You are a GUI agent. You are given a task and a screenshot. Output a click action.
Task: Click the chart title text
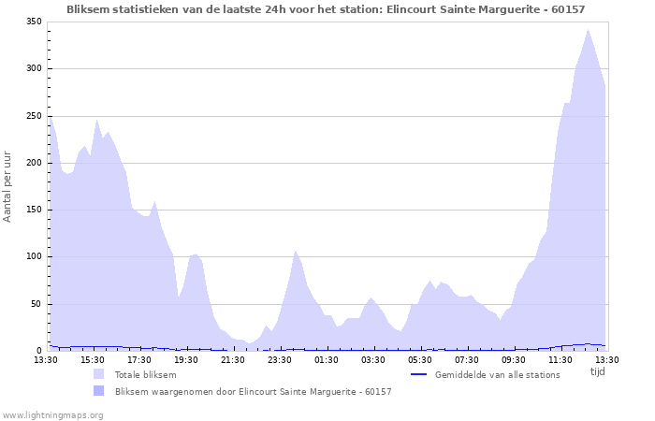(327, 8)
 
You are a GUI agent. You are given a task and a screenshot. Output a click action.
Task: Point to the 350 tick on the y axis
(34, 22)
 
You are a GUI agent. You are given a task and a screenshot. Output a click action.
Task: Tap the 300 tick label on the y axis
(34, 68)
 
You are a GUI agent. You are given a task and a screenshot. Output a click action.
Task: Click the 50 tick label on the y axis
(36, 304)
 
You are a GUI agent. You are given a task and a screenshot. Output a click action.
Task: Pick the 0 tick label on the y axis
(39, 351)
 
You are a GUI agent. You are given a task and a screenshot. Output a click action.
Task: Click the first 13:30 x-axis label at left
(46, 359)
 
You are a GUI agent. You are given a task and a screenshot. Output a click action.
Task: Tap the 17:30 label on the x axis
(139, 359)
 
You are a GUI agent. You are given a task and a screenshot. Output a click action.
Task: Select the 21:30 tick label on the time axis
(233, 359)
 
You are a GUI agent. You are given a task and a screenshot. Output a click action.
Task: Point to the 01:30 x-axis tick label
(327, 359)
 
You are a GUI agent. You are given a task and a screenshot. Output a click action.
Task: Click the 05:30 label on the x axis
(420, 359)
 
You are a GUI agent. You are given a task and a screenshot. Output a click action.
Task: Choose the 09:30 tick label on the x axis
(514, 359)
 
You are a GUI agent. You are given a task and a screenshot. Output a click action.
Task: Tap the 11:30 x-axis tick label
(560, 359)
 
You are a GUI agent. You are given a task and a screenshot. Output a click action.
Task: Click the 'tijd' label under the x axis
(598, 371)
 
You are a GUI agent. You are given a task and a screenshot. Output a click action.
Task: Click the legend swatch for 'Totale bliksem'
(99, 374)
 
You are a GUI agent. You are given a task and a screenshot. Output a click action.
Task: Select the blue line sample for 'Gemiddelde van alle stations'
(419, 374)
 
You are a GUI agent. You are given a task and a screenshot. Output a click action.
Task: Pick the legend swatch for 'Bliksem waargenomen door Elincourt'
(99, 391)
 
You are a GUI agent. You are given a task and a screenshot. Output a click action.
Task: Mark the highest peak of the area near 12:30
(588, 30)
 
